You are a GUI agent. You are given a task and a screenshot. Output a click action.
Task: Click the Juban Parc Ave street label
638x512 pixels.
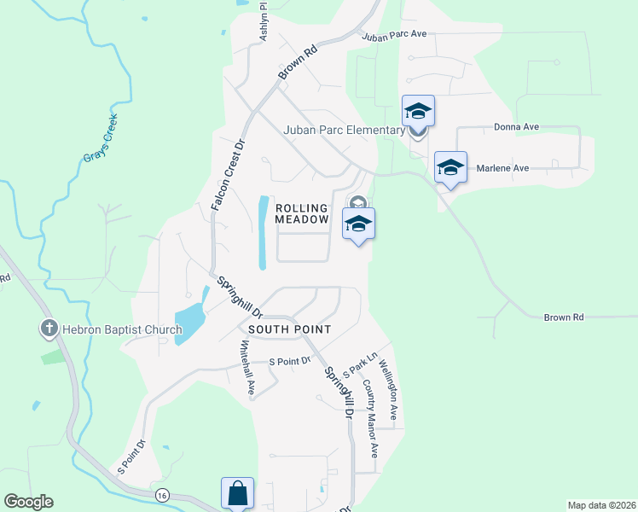394,36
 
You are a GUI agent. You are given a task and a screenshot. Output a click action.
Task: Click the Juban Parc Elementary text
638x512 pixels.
345,131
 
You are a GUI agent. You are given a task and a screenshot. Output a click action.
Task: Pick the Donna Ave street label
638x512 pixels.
517,127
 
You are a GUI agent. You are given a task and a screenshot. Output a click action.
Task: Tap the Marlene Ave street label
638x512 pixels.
503,168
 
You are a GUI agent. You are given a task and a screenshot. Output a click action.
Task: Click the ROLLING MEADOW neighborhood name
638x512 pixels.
302,214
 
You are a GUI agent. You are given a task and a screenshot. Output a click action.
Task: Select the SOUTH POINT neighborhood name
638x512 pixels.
289,329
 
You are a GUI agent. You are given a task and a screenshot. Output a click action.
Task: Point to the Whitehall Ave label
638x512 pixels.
247,368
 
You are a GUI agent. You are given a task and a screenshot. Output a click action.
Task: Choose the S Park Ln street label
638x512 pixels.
359,365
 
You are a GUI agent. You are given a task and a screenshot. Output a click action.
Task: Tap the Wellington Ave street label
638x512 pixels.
388,389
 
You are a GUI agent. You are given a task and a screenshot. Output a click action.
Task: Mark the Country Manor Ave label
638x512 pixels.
369,416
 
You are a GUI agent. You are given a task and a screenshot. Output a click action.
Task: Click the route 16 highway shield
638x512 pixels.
161,495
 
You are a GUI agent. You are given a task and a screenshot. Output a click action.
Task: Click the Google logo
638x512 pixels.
28,502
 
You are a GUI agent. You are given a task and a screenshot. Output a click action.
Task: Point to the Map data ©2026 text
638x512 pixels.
600,505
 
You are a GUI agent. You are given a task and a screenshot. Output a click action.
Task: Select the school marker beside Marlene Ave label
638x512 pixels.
450,166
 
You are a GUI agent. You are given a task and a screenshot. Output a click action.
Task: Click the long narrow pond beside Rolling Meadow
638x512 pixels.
264,231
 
